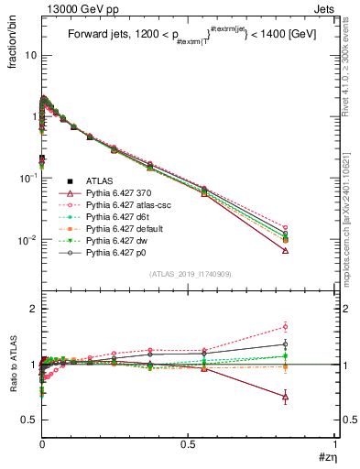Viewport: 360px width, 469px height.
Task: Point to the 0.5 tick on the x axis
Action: point(189,443)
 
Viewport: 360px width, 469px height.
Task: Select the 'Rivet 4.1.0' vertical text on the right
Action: point(349,55)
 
